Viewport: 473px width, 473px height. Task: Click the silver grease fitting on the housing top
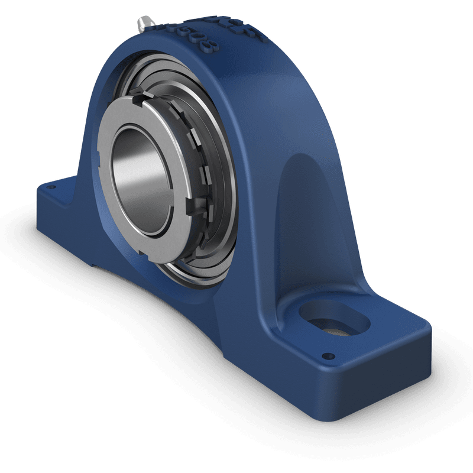pyautogui.click(x=144, y=23)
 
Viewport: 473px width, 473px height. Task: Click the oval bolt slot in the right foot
pyautogui.click(x=333, y=319)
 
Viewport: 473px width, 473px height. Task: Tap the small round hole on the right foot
pyautogui.click(x=325, y=357)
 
